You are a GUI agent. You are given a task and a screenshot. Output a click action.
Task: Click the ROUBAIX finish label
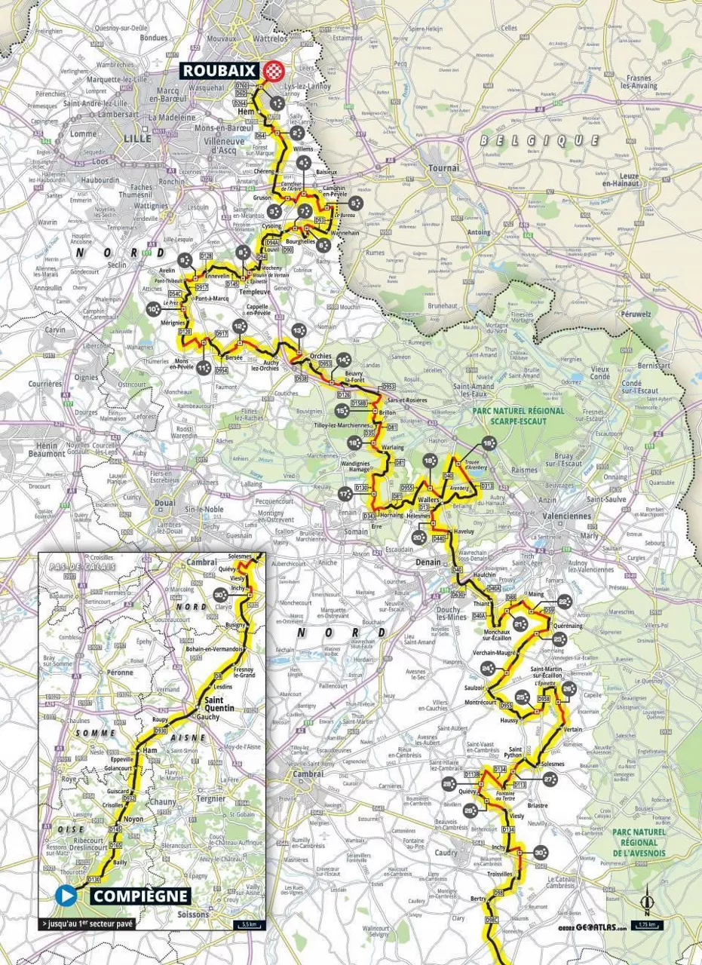click(x=219, y=70)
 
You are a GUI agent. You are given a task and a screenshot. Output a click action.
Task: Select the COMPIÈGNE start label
click(x=139, y=896)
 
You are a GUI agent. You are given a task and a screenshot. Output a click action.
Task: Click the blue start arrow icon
click(x=66, y=896)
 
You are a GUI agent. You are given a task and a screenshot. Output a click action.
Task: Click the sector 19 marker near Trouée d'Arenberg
click(x=489, y=445)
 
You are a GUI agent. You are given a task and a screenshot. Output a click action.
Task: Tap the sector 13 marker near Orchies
click(x=299, y=330)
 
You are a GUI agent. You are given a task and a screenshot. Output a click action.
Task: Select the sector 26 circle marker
click(x=569, y=688)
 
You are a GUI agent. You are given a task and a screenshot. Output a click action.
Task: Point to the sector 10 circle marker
click(x=154, y=308)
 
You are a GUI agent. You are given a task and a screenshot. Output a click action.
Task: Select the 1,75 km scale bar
click(x=646, y=925)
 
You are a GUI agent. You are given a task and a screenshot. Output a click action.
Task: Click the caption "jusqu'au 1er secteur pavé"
click(x=88, y=924)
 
